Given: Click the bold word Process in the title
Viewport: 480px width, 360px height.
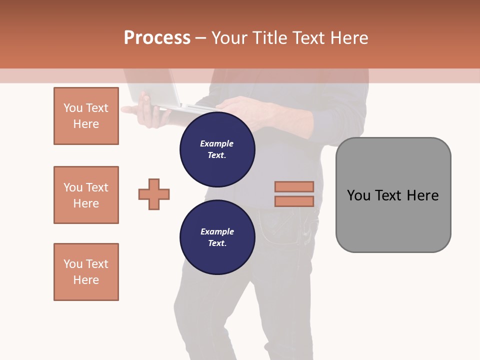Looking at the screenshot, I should tap(157, 37).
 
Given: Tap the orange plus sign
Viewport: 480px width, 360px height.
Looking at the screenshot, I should tap(154, 194).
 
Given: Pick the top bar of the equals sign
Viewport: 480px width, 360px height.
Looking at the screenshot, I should tap(294, 186).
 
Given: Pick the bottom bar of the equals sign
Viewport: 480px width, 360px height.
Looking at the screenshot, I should tap(294, 201).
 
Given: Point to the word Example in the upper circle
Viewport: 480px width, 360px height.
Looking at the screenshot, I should tap(217, 143).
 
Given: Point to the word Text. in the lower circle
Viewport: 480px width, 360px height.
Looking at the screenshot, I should tap(217, 243).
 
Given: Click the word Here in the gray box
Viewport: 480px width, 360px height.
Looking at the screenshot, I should tap(422, 195).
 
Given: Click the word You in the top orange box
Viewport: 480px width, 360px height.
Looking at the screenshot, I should tap(72, 108).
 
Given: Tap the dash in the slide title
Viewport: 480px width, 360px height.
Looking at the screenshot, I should tap(201, 38).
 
